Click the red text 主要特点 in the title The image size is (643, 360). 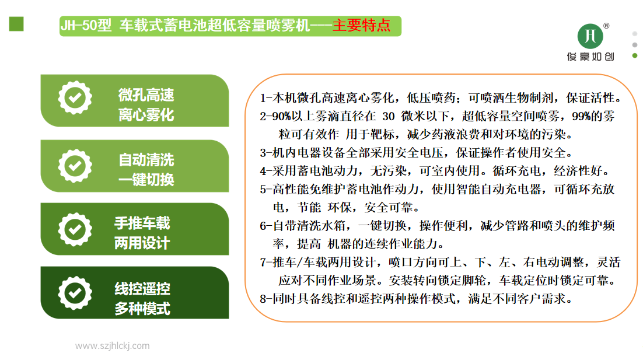click(x=361, y=26)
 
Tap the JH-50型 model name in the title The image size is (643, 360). click(x=86, y=26)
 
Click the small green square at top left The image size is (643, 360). click(x=16, y=24)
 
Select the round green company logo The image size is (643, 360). click(x=590, y=36)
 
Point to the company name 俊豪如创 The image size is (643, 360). click(x=590, y=57)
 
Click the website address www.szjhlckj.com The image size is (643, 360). click(x=113, y=345)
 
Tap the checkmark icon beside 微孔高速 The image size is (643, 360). click(x=75, y=98)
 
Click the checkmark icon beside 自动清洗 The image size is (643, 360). click(x=75, y=166)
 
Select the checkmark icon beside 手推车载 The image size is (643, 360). click(x=75, y=229)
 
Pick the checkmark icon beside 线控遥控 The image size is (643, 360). click(x=75, y=293)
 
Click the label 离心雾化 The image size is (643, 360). click(x=146, y=115)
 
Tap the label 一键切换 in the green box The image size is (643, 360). click(x=146, y=180)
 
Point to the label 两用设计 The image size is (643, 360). click(x=142, y=243)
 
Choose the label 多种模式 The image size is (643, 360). click(x=142, y=308)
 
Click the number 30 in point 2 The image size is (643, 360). click(x=389, y=117)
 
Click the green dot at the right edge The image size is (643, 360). click(x=635, y=55)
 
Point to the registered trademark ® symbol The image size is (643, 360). click(x=606, y=26)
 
